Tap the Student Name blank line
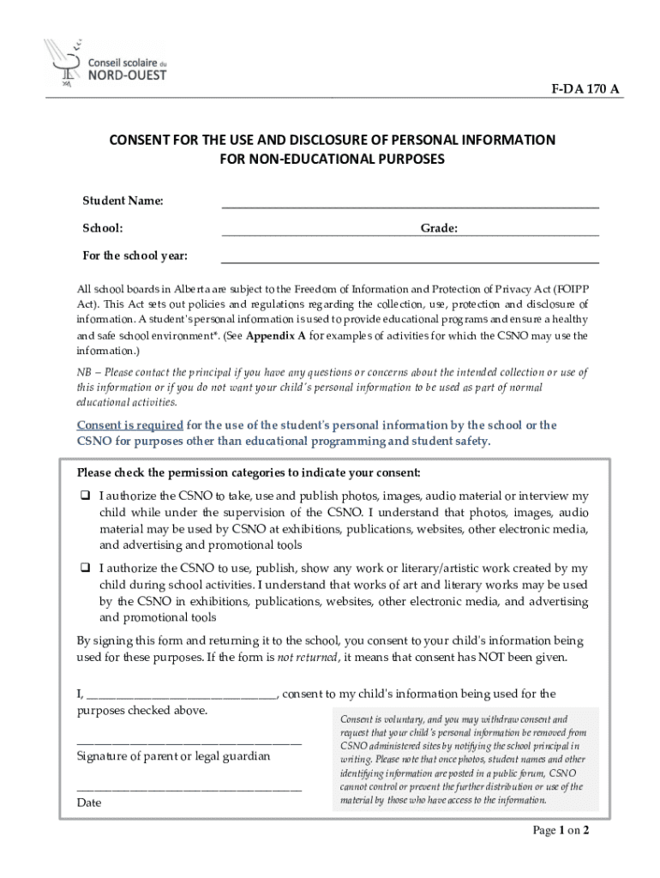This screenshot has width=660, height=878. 410,207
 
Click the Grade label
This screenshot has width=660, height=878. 438,229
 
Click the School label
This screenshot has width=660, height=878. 102,229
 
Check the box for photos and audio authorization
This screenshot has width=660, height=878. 86,496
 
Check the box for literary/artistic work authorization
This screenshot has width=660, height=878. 86,568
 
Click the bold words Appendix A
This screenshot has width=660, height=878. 276,336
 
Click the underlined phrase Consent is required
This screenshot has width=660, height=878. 130,425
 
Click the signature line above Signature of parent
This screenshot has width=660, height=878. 189,743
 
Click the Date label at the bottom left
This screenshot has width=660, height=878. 89,803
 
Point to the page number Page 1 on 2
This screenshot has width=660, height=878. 561,831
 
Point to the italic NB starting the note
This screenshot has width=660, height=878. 86,372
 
